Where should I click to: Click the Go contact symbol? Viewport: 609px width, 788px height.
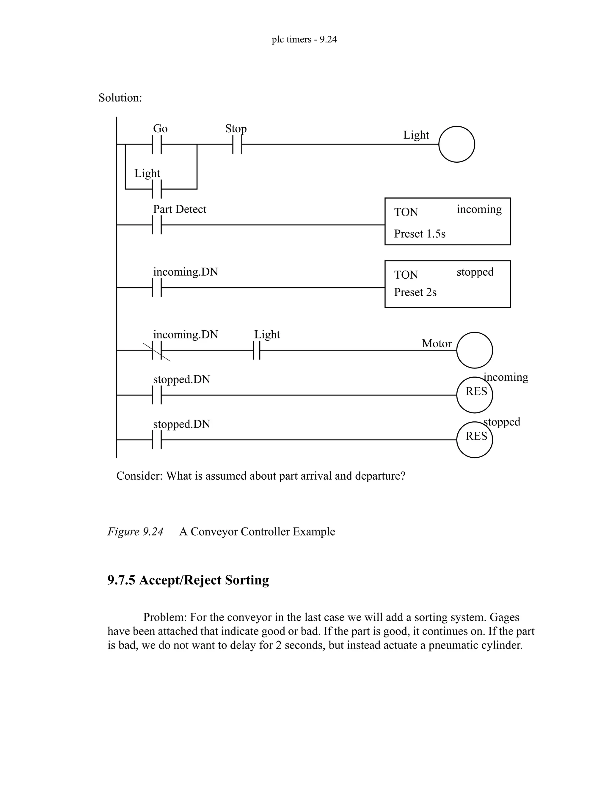[x=157, y=144]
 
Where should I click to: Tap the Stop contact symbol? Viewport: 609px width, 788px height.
[x=237, y=144]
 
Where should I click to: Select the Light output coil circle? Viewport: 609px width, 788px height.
[x=456, y=144]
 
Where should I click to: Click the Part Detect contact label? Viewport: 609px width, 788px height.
[x=180, y=209]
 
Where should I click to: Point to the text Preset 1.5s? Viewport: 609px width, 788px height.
[x=420, y=234]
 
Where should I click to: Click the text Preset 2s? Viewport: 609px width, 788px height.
[x=415, y=292]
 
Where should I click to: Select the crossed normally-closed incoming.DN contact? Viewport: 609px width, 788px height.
[x=157, y=350]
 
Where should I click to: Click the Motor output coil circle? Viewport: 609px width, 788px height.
[x=474, y=350]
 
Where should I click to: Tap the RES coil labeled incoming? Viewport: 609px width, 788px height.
[x=474, y=395]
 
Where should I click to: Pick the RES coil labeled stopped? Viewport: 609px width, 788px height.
[x=474, y=440]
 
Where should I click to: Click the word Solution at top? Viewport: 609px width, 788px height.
[x=120, y=98]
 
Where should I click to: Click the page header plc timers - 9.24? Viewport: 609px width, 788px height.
[x=304, y=39]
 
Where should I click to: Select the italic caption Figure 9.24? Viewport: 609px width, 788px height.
[x=135, y=531]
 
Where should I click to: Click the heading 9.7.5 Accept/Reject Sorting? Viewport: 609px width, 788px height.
[x=188, y=580]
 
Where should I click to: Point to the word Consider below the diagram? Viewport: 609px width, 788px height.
[x=139, y=476]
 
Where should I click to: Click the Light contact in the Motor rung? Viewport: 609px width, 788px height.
[x=257, y=350]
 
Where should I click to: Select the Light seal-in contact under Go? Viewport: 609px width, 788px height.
[x=157, y=189]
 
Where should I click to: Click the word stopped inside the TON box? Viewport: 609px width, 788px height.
[x=475, y=272]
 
